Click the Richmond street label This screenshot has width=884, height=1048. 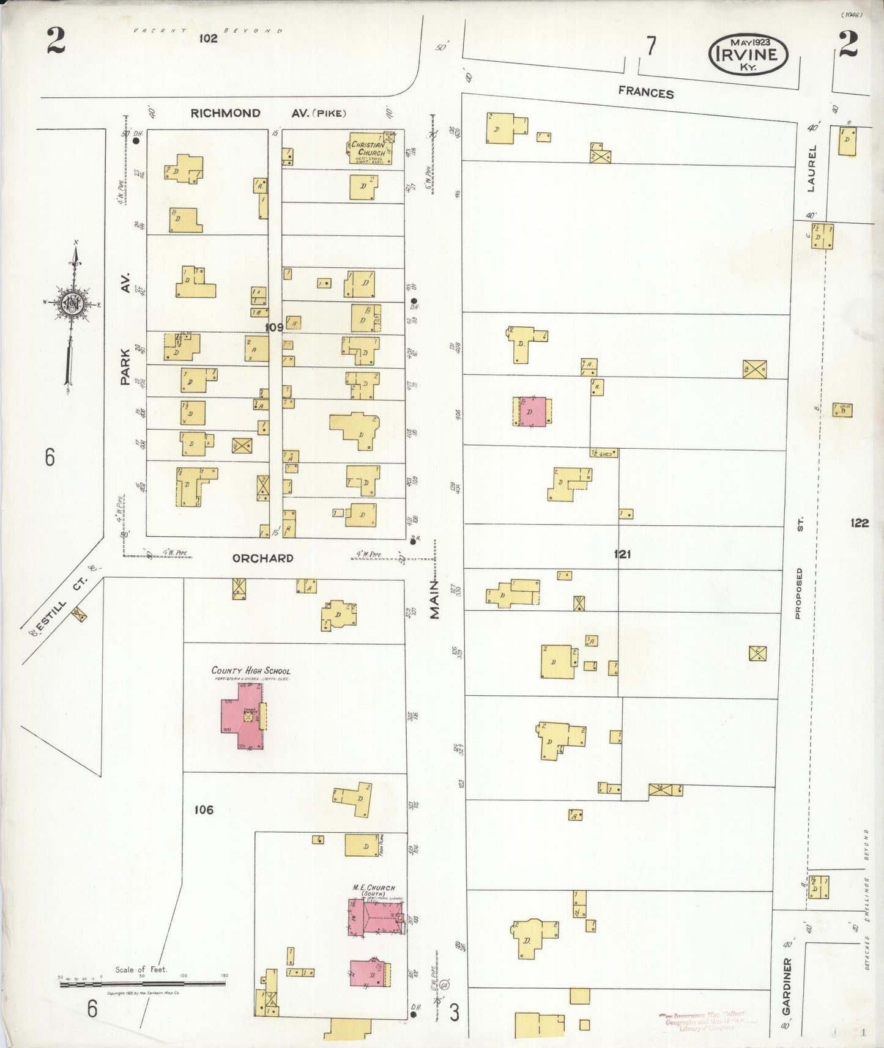click(x=225, y=113)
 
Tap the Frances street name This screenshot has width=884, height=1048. click(x=645, y=92)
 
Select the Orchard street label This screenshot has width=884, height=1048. click(x=262, y=558)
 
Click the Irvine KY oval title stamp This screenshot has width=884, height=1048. click(x=748, y=54)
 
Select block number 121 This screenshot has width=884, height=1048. click(x=622, y=554)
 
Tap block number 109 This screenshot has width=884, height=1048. click(x=273, y=328)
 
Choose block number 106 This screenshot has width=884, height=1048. click(x=203, y=810)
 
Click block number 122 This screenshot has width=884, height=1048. click(x=859, y=523)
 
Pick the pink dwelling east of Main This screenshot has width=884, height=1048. click(x=532, y=411)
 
